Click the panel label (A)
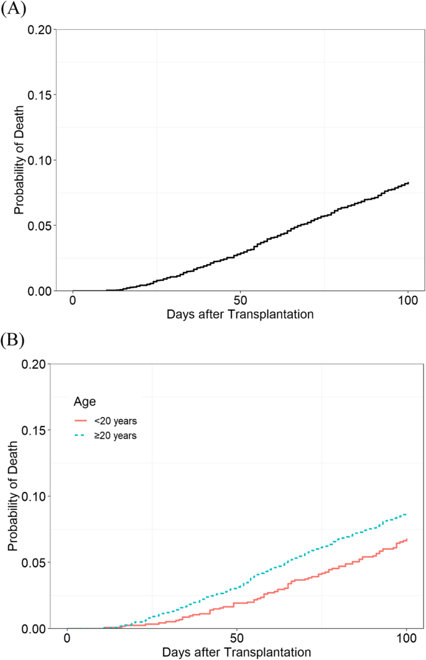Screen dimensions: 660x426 (13, 11)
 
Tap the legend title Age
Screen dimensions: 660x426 (84, 402)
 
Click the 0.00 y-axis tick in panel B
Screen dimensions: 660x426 (37, 628)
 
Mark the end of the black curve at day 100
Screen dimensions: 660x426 (408, 183)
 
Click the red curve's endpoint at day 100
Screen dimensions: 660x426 (406, 540)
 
